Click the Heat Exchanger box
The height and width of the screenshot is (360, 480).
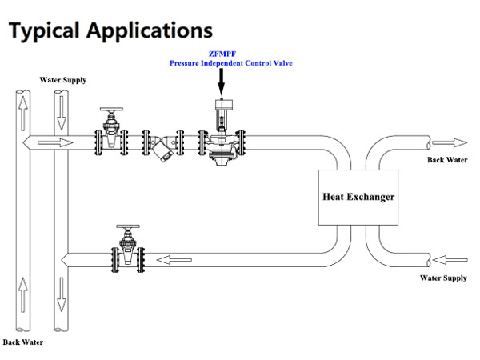pos(358,196)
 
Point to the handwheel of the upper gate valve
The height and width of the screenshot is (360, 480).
pos(110,110)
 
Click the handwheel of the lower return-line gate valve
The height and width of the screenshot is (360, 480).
pos(128,228)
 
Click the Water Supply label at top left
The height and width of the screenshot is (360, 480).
pos(63,80)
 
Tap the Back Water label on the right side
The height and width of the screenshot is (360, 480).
pos(446,160)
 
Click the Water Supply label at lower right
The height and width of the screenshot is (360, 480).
pos(443,278)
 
